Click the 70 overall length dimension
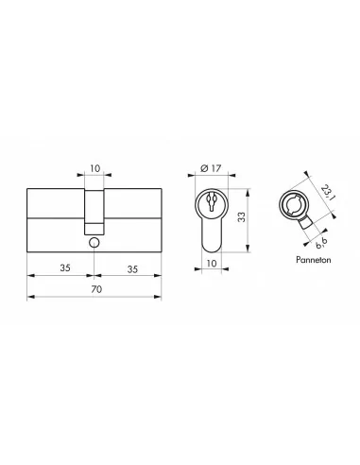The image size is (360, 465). coord(93,290)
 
